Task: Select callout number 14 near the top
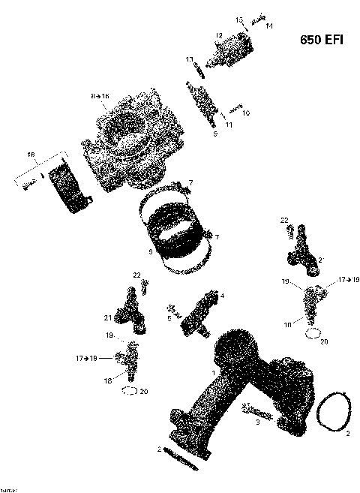click(268, 26)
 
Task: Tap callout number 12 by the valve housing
click(219, 35)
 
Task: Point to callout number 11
click(229, 125)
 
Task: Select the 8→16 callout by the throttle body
click(100, 97)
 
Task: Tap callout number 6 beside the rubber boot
click(150, 252)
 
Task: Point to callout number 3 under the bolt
click(256, 423)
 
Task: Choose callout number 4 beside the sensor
click(222, 296)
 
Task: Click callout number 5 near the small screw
click(169, 318)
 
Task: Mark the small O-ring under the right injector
click(315, 332)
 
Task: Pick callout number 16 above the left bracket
click(31, 155)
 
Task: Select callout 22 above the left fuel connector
click(136, 275)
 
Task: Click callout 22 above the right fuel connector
click(284, 220)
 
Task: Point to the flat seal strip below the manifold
click(181, 458)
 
